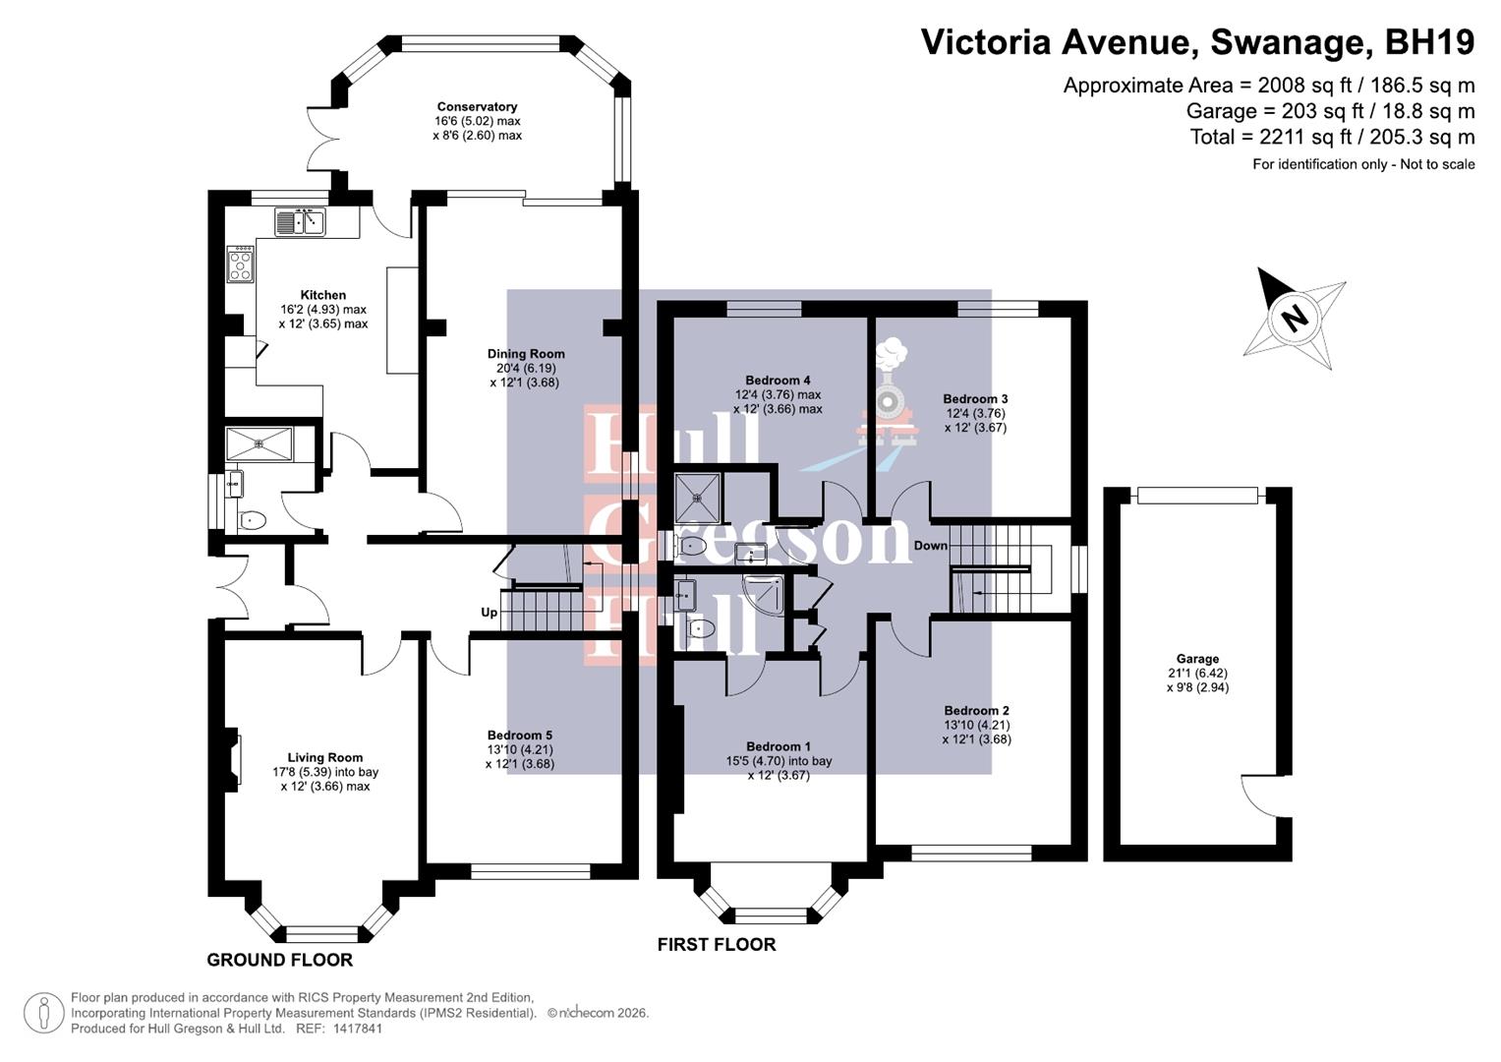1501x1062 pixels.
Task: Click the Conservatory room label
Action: pos(477,107)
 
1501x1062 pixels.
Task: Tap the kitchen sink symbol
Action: pos(300,222)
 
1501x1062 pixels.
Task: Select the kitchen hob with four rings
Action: pos(241,265)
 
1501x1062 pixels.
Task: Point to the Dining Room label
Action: pos(526,354)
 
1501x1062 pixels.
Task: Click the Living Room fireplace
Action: pos(232,759)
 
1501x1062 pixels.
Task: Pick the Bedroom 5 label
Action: pos(519,736)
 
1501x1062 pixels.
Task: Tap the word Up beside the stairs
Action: pos(489,613)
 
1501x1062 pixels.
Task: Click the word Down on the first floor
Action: pos(930,546)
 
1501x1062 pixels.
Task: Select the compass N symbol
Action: pos(1295,318)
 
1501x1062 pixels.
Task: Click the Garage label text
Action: pos(1196,659)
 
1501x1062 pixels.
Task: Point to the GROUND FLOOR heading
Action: pos(279,960)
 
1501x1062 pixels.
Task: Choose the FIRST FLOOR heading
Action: pos(717,945)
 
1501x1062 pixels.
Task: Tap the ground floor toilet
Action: pos(252,520)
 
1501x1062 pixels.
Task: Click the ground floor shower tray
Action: pos(260,443)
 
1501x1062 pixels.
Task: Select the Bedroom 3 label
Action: pos(975,399)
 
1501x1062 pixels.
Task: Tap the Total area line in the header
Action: pos(1332,137)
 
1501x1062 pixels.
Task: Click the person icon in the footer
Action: pos(44,1013)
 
